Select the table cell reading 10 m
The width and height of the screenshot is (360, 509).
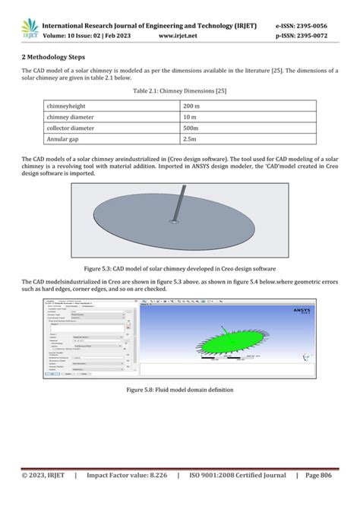click(190, 117)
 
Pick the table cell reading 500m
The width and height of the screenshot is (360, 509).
click(191, 128)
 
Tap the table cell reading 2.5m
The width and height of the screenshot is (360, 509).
click(191, 141)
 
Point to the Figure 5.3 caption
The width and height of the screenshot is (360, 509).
click(180, 269)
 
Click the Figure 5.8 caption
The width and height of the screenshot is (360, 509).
click(180, 390)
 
